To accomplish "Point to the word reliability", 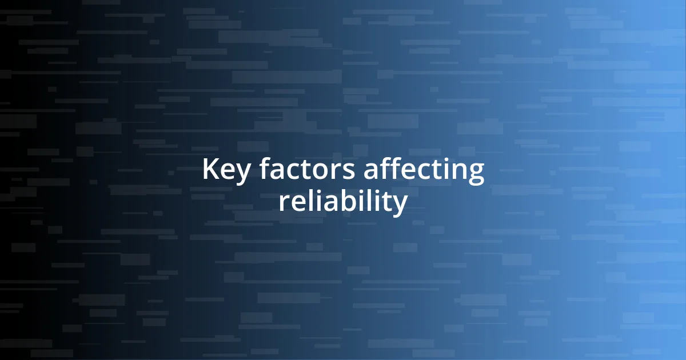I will (x=343, y=202).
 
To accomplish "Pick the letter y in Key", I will (x=241, y=174).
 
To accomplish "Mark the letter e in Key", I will (x=226, y=173).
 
